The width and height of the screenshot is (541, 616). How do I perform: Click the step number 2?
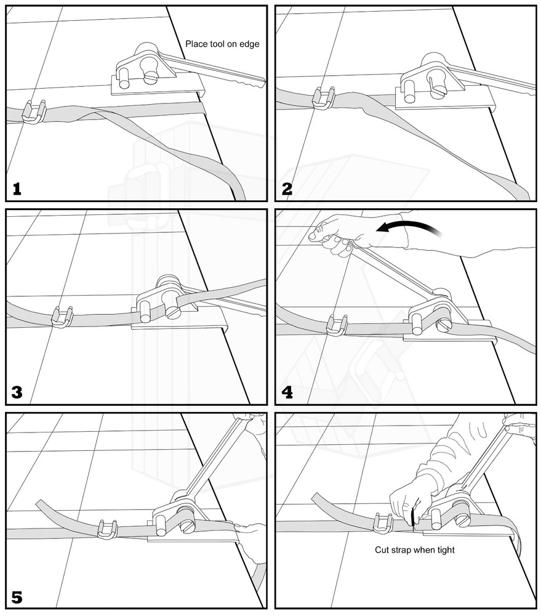click(287, 188)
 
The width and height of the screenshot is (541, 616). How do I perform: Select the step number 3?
click(17, 391)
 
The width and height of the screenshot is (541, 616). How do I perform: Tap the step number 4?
click(287, 391)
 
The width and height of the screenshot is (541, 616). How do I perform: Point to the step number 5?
click(17, 596)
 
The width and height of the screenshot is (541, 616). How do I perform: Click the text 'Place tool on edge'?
click(222, 44)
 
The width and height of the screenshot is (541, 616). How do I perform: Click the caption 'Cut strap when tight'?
click(415, 549)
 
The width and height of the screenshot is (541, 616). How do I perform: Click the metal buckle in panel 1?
click(33, 111)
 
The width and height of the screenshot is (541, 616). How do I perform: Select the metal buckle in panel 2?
click(324, 98)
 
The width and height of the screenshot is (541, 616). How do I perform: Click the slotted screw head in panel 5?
click(187, 526)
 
